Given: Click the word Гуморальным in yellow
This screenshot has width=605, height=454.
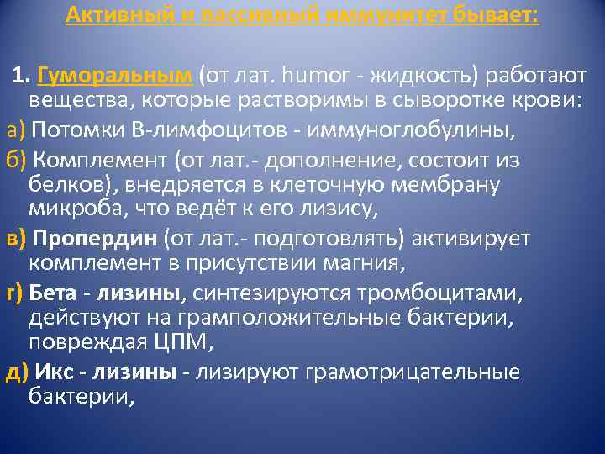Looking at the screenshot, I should pyautogui.click(x=116, y=77).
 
